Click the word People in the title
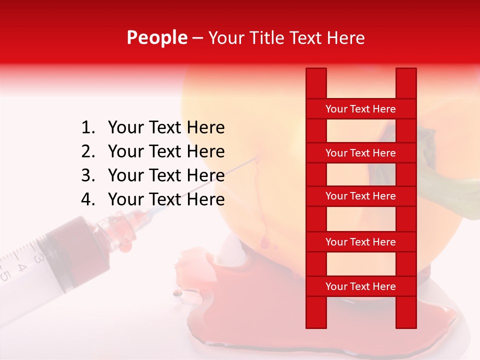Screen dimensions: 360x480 pos(156,37)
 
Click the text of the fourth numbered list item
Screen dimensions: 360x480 pos(166,199)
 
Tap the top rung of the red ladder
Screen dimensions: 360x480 pos(360,108)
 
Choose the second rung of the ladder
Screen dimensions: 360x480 pos(360,153)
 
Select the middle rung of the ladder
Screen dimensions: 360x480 pos(360,196)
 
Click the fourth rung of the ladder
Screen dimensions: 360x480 pos(360,242)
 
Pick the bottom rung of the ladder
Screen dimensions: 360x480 pos(360,286)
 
